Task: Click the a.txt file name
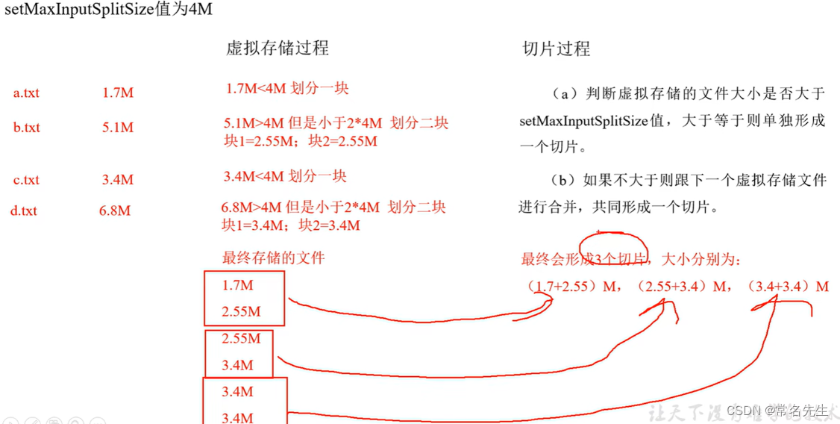26,93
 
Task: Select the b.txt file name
26,128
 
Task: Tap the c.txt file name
26,180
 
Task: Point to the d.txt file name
23,211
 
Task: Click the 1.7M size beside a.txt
118,93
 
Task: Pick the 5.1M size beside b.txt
118,128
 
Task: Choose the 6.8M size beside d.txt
115,211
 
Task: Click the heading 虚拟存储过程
277,49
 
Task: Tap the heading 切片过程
556,49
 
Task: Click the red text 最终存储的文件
274,258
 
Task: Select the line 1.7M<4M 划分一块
287,89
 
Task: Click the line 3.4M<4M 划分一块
286,177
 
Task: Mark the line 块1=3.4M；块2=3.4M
291,225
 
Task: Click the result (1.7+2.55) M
571,286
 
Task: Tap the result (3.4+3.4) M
788,286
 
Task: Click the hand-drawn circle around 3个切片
614,249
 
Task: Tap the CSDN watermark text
777,411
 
